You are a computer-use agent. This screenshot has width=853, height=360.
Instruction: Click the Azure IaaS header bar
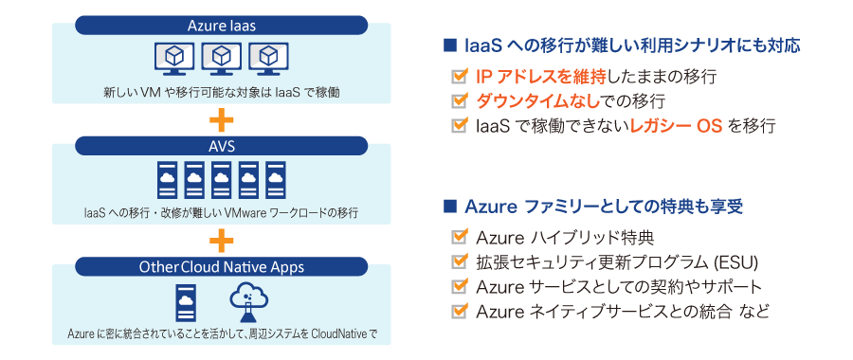click(x=221, y=24)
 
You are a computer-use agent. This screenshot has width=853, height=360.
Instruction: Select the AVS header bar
click(x=221, y=146)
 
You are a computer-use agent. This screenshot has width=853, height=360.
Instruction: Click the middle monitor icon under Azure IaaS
click(x=221, y=59)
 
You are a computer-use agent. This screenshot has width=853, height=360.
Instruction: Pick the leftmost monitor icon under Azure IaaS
click(x=173, y=59)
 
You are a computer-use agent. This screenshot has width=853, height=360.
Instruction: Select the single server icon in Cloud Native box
click(x=188, y=301)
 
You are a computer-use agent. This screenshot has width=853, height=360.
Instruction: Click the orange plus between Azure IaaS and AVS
click(x=221, y=119)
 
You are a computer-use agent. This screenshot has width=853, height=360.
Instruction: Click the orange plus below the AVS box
click(x=221, y=238)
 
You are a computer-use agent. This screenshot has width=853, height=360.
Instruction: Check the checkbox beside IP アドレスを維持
click(x=460, y=75)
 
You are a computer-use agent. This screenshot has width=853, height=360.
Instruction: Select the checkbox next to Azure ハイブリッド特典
click(x=460, y=236)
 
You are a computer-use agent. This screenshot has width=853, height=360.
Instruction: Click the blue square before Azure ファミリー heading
click(x=449, y=206)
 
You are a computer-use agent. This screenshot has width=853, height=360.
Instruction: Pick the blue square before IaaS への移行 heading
click(x=449, y=45)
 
